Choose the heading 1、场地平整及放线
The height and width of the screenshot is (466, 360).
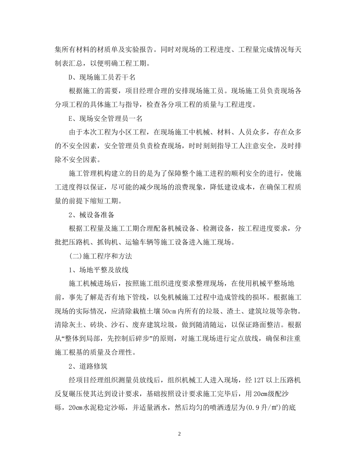(99, 270)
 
